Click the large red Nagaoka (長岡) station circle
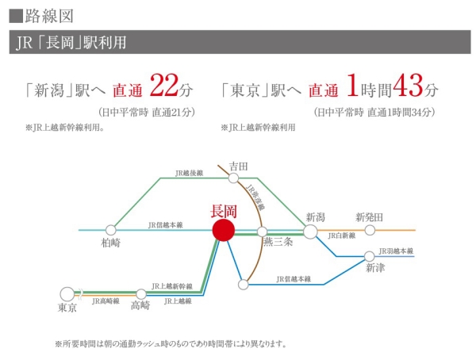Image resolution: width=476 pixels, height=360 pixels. pyautogui.click(x=224, y=230)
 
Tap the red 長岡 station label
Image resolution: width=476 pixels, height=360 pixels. pyautogui.click(x=223, y=211)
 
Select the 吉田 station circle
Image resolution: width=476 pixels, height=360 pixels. pyautogui.click(x=233, y=178)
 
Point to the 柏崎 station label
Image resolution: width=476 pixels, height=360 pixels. pyautogui.click(x=111, y=243)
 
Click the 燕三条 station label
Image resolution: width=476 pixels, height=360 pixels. pyautogui.click(x=278, y=242)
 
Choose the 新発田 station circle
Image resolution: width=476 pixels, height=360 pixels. pyautogui.click(x=370, y=230)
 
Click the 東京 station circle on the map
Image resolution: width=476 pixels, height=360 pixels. pyautogui.click(x=67, y=293)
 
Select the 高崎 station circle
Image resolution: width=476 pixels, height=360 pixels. pyautogui.click(x=141, y=293)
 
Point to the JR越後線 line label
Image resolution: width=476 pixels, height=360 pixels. pyautogui.click(x=190, y=171)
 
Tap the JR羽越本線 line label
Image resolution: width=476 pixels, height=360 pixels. pyautogui.click(x=397, y=251)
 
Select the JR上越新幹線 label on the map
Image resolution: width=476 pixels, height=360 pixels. pyautogui.click(x=171, y=285)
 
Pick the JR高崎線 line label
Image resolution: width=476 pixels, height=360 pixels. pyautogui.click(x=106, y=301)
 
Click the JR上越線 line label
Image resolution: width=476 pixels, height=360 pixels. pyautogui.click(x=178, y=301)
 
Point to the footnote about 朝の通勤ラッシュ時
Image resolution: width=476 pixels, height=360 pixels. pyautogui.click(x=170, y=344)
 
